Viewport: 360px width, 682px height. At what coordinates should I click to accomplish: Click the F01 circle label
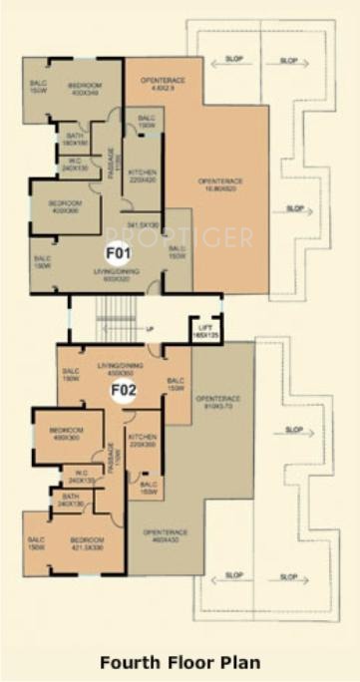tap(120, 253)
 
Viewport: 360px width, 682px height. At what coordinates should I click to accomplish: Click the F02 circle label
tap(124, 390)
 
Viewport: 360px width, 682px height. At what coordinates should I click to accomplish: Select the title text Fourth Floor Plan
tap(180, 662)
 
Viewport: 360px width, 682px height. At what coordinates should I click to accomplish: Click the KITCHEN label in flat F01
tap(144, 176)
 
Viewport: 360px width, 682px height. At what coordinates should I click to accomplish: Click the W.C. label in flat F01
tap(75, 165)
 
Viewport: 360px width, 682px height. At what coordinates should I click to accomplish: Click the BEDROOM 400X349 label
tap(86, 89)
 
